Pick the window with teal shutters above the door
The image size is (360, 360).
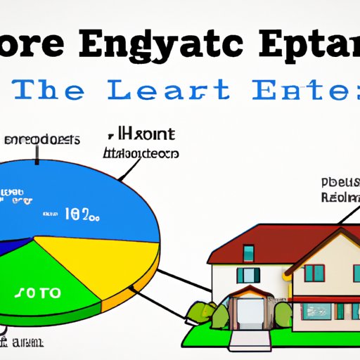pos(247,274)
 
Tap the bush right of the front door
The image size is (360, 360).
pos(282,315)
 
